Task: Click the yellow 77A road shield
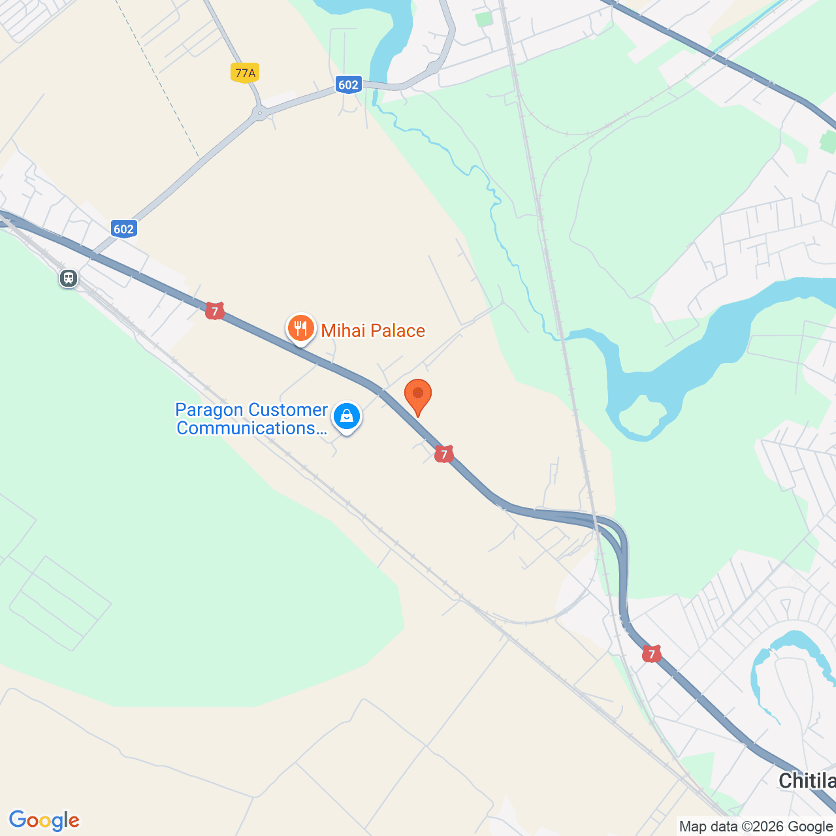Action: [x=245, y=72]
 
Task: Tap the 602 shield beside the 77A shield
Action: [x=348, y=84]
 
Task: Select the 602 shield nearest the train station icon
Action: [x=123, y=229]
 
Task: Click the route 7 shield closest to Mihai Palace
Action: [x=214, y=311]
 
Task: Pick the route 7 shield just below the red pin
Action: [x=444, y=454]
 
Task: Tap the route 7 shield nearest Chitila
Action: [x=651, y=654]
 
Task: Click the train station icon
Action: [x=69, y=278]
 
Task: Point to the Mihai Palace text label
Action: [x=373, y=330]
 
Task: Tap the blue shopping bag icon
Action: [x=347, y=416]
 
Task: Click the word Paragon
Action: [x=209, y=410]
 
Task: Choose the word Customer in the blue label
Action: [x=288, y=410]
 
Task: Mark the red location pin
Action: [x=418, y=395]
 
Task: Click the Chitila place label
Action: [x=807, y=780]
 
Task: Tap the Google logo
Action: [x=44, y=820]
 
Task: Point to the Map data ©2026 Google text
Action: [x=756, y=826]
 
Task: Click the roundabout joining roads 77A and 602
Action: [x=260, y=114]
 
